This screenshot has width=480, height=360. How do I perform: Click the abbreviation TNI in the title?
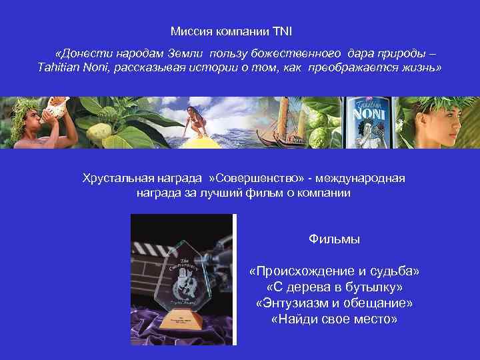(x=282, y=31)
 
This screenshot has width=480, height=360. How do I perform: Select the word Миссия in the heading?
(x=187, y=31)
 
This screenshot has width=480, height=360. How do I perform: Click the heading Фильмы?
(x=334, y=239)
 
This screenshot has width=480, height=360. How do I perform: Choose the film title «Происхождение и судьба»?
(x=334, y=273)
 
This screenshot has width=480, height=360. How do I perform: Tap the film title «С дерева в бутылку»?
(x=334, y=287)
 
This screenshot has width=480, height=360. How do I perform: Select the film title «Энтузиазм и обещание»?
(x=334, y=303)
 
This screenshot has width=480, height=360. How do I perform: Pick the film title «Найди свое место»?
(x=334, y=319)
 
